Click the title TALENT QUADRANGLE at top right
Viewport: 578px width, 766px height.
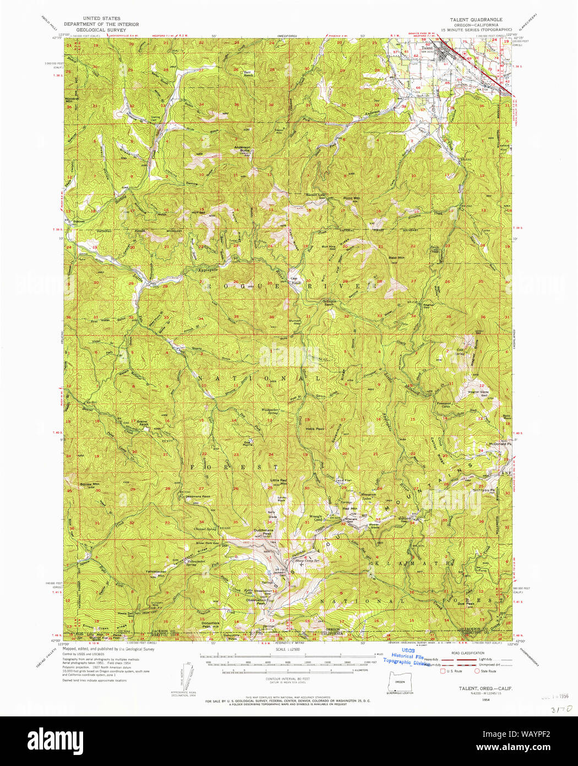476,19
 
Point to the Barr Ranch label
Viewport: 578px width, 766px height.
248,73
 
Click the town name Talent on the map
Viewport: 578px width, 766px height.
427,48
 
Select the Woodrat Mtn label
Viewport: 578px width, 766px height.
72,100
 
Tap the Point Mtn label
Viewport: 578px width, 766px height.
352,198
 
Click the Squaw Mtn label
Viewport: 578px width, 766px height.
89,484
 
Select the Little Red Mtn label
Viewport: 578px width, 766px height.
279,482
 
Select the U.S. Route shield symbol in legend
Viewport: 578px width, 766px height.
442,671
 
